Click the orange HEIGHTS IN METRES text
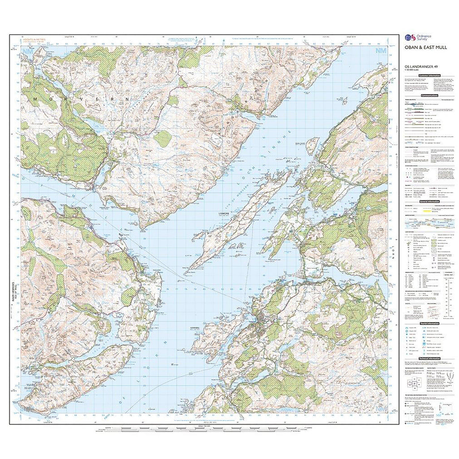pyautogui.click(x=37, y=40)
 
